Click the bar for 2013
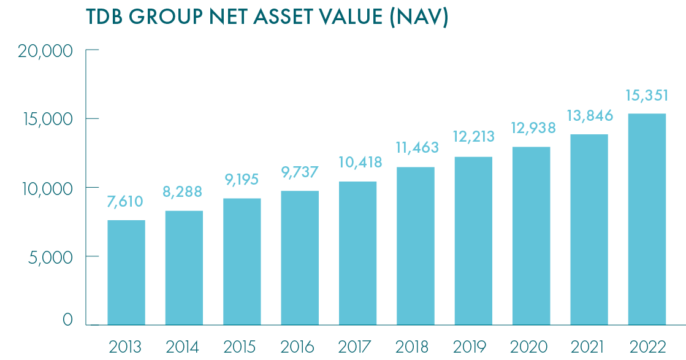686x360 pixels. (126, 272)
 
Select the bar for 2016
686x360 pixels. (300, 258)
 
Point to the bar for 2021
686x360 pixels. (589, 229)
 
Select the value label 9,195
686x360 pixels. (242, 180)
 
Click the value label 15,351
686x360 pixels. (647, 95)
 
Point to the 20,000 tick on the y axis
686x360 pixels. (45, 51)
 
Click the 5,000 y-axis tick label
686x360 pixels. (48, 257)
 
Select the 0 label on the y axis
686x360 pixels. (67, 320)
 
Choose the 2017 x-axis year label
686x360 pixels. (357, 347)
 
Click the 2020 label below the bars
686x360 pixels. (532, 347)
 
